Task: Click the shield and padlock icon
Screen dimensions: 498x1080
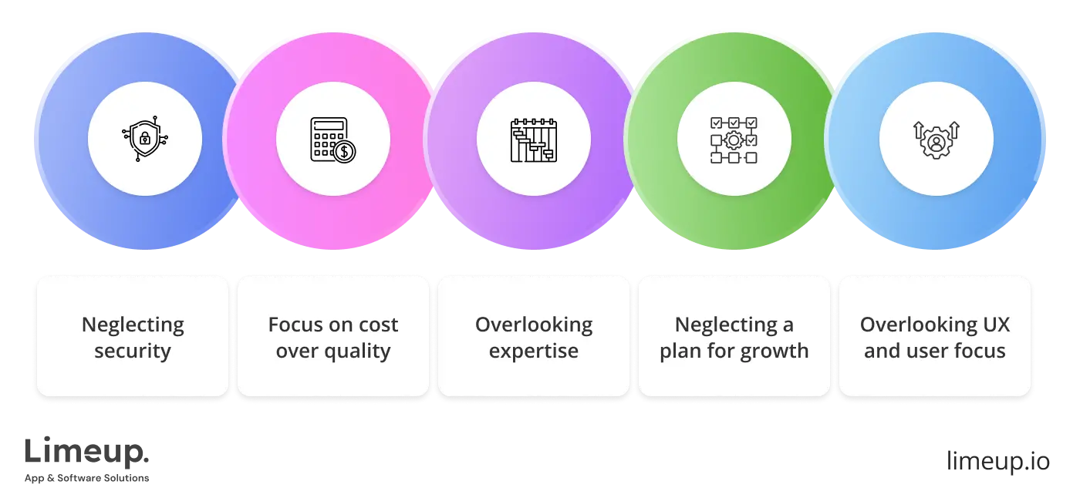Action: [144, 140]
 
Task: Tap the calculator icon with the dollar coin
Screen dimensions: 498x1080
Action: [333, 140]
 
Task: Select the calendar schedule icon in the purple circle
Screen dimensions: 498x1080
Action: [533, 140]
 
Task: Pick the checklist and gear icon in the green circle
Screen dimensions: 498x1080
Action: [734, 140]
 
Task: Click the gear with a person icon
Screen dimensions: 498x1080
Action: [936, 140]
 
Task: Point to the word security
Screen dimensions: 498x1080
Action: [133, 352]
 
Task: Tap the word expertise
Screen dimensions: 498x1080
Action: [534, 352]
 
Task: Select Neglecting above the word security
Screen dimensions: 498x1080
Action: [133, 325]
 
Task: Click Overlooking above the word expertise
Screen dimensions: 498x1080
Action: [534, 325]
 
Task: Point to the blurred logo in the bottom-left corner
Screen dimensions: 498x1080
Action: [86, 461]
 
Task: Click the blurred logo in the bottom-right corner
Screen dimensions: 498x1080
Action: [998, 463]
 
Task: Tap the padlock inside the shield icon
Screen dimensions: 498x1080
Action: [143, 140]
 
